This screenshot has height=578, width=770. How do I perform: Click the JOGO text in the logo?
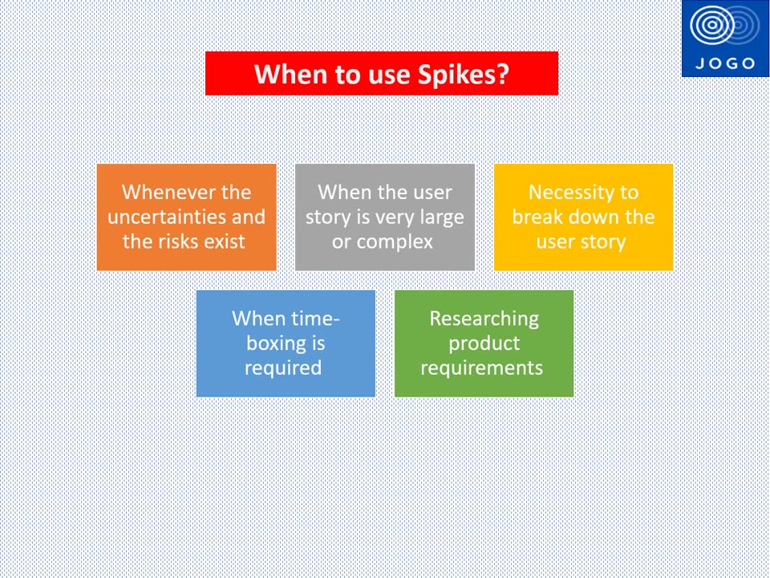[x=725, y=63]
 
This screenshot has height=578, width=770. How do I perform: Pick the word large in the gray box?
[x=440, y=217]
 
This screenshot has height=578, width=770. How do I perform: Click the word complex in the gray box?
[x=394, y=242]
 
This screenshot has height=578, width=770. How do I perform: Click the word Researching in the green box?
[x=484, y=318]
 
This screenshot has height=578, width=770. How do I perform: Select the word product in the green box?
[x=484, y=343]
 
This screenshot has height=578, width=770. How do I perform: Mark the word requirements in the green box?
[x=481, y=368]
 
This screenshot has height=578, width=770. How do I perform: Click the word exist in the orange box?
[x=225, y=242]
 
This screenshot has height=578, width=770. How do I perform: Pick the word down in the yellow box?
[x=590, y=217]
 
